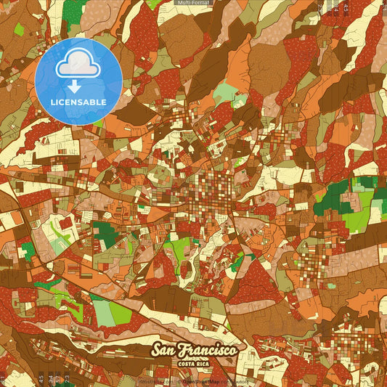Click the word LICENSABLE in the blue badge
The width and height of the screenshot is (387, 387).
(78, 102)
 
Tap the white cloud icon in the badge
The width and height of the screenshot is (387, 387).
(78, 65)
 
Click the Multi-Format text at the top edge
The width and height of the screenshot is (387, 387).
(193, 3)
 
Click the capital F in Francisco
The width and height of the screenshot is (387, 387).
(190, 350)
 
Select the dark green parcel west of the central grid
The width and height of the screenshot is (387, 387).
(105, 235)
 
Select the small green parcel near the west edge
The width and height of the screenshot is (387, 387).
(28, 251)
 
